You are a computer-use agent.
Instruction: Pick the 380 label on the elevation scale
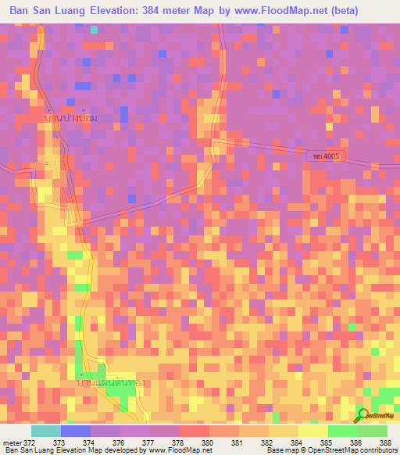(x=207, y=443)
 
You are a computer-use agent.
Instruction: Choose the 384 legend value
(x=296, y=443)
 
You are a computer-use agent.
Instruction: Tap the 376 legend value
(x=120, y=443)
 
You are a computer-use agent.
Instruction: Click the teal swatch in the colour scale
(x=46, y=431)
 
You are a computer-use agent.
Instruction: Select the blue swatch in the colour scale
(x=76, y=431)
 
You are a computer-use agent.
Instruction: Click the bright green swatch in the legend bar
(x=343, y=431)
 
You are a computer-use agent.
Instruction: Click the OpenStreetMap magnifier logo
(x=362, y=415)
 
